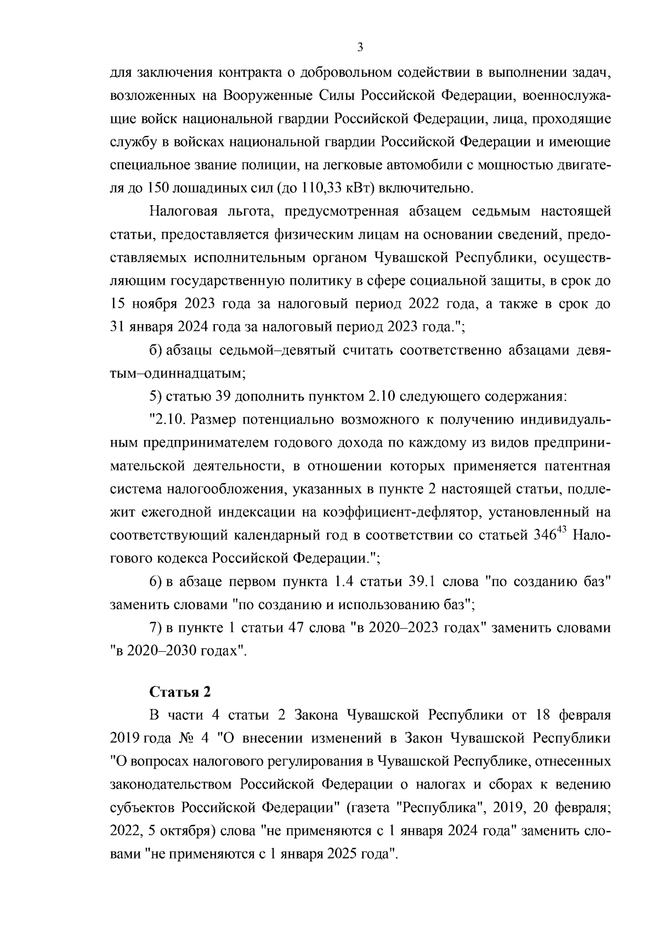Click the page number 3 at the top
pyautogui.click(x=360, y=48)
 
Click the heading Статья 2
pyautogui.click(x=180, y=692)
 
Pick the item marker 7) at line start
pyautogui.click(x=156, y=628)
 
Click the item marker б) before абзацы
pyautogui.click(x=155, y=350)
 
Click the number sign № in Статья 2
pyautogui.click(x=183, y=738)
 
